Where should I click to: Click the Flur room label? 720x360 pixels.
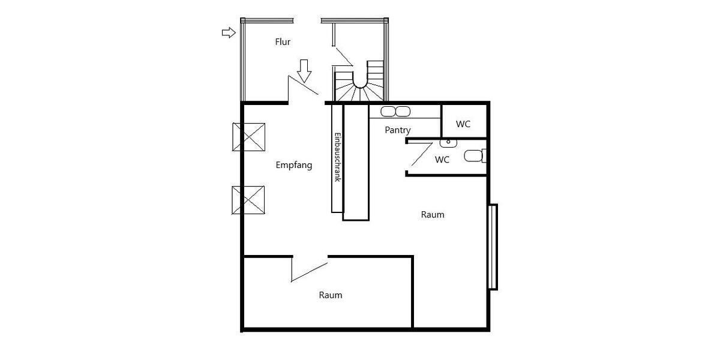point(283,42)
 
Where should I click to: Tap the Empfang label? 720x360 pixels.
point(294,166)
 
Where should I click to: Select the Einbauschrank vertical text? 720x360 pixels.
point(337,157)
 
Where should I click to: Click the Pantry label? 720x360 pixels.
point(398,130)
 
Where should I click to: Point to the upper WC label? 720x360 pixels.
point(463,124)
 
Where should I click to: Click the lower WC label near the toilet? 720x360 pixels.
point(442,160)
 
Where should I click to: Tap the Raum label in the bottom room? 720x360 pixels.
point(331,295)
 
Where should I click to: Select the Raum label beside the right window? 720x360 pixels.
point(433,214)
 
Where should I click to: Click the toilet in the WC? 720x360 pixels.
point(475,157)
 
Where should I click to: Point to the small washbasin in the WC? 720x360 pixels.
point(448,143)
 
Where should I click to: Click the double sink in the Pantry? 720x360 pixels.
point(395,112)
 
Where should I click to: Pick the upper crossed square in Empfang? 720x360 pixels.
point(248,137)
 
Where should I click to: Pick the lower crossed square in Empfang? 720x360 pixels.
point(248,200)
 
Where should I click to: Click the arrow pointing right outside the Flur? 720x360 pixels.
point(229,33)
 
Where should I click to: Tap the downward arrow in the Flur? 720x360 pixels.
point(305,70)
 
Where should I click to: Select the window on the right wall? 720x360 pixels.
point(493,247)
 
